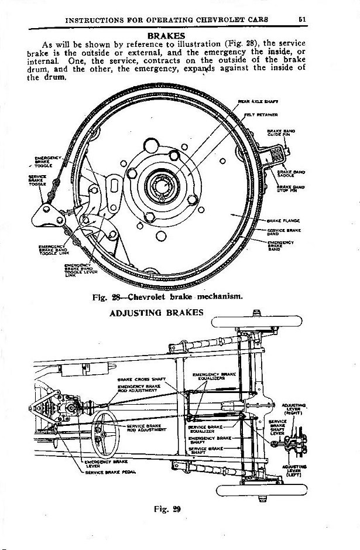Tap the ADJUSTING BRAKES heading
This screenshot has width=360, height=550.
click(x=156, y=313)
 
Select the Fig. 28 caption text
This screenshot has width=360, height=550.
click(x=167, y=296)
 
